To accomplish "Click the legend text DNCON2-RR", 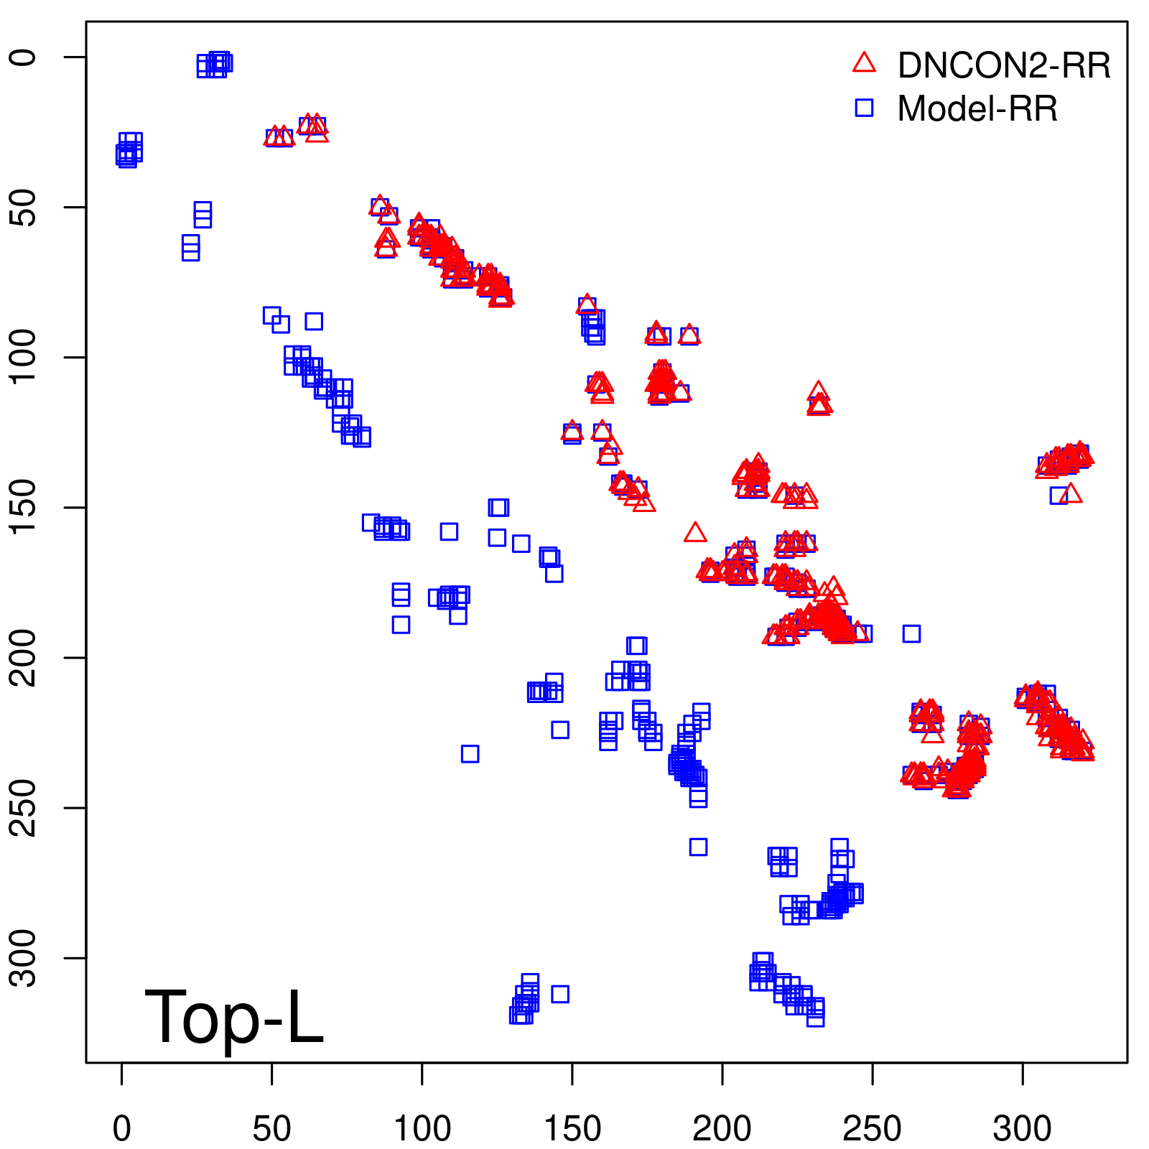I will [x=1003, y=65].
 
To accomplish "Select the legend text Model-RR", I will [x=977, y=109].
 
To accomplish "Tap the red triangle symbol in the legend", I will [x=864, y=63].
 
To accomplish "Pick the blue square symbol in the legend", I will [x=864, y=108].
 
